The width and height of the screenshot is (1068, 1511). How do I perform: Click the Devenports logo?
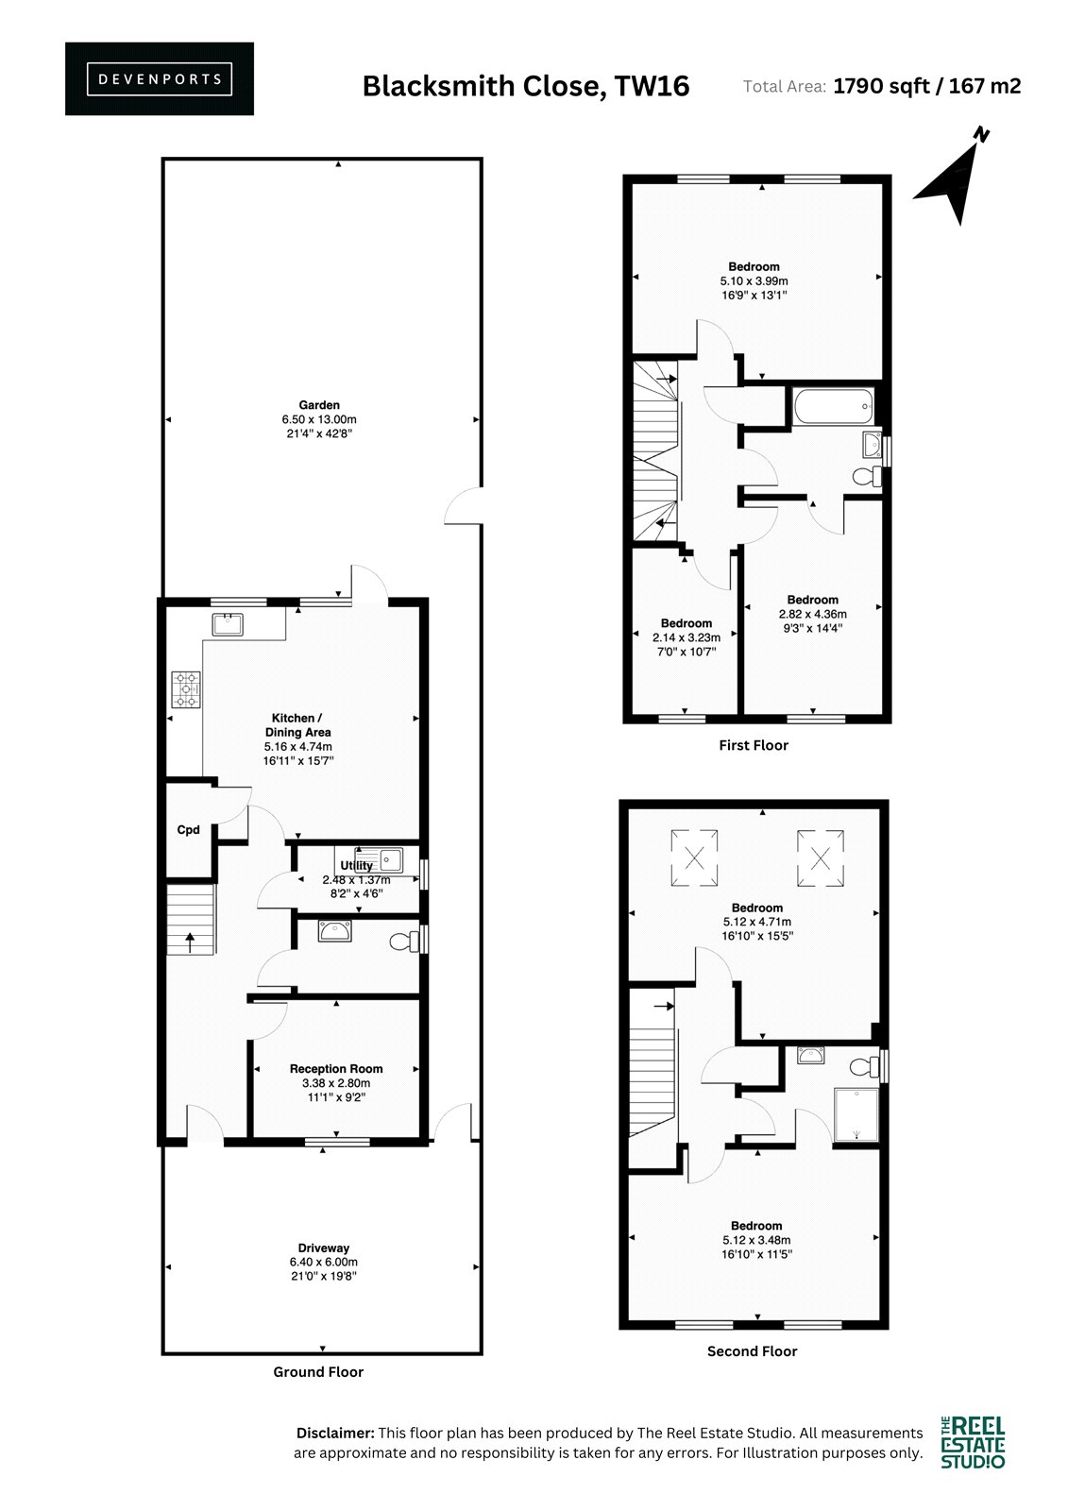(160, 79)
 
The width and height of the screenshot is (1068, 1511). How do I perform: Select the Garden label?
(319, 405)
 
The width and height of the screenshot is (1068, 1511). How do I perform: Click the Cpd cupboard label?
(188, 830)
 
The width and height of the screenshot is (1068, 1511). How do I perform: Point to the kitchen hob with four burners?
(186, 690)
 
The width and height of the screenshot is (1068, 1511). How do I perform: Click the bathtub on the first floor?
(834, 406)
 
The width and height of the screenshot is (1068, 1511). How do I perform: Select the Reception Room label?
(336, 1068)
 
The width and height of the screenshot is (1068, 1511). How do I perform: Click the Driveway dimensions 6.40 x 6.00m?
(324, 1262)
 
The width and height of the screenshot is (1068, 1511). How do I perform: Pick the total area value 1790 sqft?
(881, 86)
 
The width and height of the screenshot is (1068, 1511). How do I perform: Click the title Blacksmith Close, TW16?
(526, 86)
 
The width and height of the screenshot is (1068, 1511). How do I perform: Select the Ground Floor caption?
(318, 1371)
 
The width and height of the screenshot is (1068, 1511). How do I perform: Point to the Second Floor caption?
(753, 1351)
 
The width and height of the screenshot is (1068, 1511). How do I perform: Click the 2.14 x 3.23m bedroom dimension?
(687, 637)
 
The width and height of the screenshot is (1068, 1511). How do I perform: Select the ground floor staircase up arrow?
(190, 942)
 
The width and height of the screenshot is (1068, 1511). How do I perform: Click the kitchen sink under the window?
(228, 624)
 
